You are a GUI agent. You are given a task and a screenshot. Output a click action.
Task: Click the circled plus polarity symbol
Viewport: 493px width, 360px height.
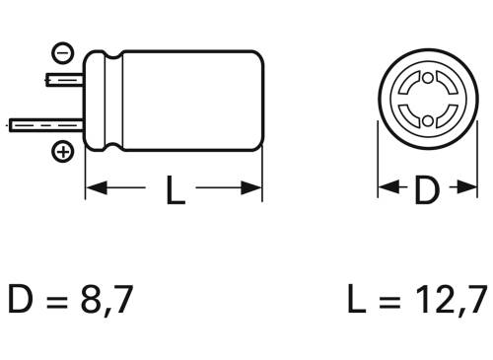tap(62, 152)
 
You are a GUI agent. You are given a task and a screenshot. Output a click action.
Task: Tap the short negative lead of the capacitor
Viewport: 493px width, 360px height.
tap(65, 78)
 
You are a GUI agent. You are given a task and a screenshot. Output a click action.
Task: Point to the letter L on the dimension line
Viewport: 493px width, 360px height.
tap(174, 188)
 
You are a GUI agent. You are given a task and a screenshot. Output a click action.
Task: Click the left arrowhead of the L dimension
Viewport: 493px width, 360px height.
tap(95, 188)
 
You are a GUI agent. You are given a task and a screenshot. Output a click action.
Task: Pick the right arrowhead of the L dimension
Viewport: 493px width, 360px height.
tap(253, 188)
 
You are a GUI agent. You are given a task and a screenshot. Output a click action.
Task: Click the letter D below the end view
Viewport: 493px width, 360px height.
tap(425, 189)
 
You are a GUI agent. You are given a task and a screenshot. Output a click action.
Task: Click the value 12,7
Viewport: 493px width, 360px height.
tap(450, 300)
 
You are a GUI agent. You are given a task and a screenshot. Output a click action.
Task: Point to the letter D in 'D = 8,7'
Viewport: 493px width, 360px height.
tap(22, 300)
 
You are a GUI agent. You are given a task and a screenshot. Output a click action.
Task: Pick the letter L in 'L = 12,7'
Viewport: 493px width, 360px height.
tap(357, 300)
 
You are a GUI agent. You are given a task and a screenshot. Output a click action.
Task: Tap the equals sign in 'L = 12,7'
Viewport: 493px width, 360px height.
tap(390, 301)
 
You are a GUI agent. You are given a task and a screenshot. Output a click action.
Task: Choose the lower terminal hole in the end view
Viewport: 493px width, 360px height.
tap(425, 119)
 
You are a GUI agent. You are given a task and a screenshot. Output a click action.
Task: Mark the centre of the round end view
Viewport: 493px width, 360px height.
tap(425, 99)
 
